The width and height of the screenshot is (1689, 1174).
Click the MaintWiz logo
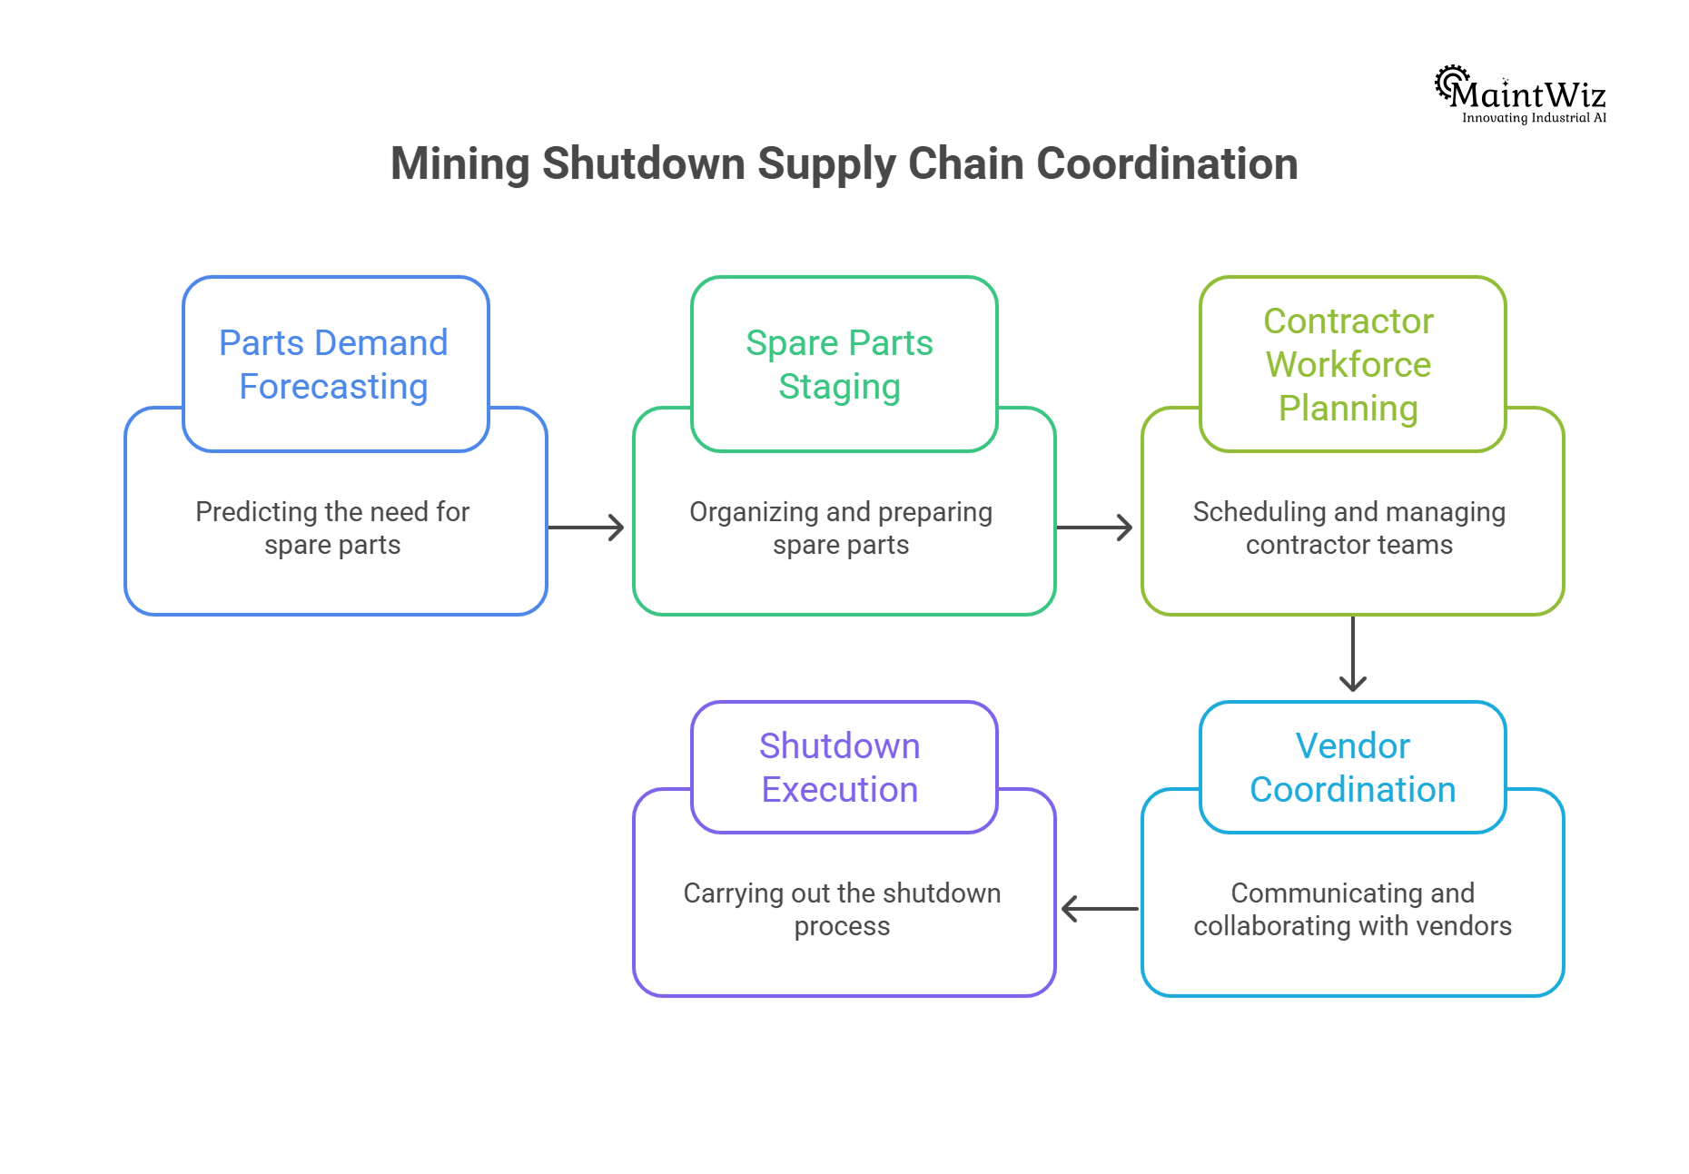1522,94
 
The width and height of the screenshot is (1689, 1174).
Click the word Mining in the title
459,164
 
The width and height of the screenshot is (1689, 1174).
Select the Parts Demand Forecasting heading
334,364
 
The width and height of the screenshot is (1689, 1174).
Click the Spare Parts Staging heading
840,364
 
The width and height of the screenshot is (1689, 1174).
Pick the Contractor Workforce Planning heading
1348,364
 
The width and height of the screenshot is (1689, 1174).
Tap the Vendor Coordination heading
1352,767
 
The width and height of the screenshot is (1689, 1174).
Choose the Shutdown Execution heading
840,767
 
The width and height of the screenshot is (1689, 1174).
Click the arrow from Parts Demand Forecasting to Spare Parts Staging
587,528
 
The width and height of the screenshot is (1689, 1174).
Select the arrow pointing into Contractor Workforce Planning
1095,528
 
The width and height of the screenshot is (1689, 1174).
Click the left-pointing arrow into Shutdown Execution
1100,909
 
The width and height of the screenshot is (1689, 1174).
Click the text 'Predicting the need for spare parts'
332,528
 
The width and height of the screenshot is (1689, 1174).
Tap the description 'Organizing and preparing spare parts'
841,528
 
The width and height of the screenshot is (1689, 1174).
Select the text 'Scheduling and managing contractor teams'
1349,528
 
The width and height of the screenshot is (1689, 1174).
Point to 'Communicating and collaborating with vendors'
1352,910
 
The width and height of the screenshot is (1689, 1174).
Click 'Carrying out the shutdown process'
842,910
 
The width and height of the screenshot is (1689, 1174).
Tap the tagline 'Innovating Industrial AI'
1534,118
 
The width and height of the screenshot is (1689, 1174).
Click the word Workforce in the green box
1348,364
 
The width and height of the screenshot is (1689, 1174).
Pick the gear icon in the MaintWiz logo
1450,81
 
